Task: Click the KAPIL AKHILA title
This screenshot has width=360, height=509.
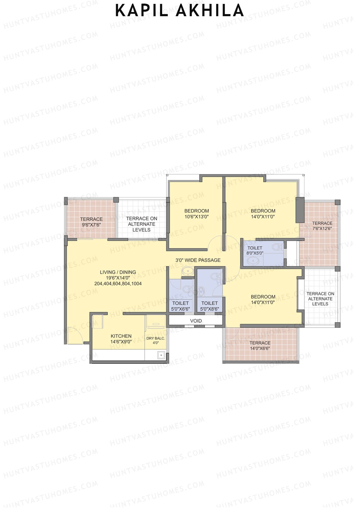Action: point(179,11)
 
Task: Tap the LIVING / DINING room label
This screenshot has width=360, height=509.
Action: point(118,272)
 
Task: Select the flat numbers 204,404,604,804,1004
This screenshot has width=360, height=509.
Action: point(118,284)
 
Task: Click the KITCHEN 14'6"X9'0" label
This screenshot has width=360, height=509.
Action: point(121,339)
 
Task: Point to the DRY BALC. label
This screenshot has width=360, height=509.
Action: point(155,339)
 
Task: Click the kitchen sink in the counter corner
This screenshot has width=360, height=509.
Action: point(161,355)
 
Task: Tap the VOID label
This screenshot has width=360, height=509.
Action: point(196,321)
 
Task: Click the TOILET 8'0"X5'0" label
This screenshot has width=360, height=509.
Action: point(255,250)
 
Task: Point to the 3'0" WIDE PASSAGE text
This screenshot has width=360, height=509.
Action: point(198,260)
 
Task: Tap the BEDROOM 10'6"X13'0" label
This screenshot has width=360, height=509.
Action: point(196,214)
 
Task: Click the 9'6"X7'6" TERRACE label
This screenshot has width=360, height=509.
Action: point(91,222)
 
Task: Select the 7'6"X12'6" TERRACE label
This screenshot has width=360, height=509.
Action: point(322,226)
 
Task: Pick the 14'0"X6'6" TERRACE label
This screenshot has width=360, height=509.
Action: point(260,346)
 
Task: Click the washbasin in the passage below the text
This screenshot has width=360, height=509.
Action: point(188,271)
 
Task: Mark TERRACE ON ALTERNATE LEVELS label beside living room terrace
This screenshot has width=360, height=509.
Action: point(141,224)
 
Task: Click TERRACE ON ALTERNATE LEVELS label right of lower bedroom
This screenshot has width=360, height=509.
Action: point(320,299)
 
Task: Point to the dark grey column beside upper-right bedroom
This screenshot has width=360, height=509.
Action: point(300,210)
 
